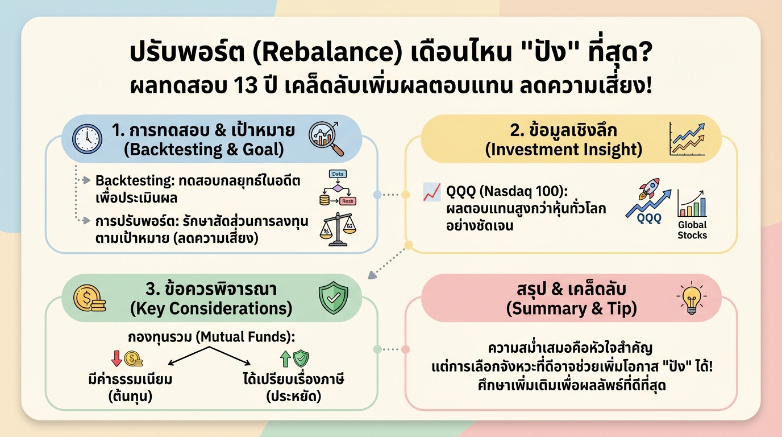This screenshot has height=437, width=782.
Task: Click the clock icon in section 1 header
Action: (87, 138)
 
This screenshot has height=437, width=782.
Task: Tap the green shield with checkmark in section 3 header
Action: (333, 298)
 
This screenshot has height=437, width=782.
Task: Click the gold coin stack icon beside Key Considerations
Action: (89, 298)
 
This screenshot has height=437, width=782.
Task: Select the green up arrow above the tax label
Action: (284, 358)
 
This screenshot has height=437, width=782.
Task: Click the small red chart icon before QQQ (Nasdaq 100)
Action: (432, 192)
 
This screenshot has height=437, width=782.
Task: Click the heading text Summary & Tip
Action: (571, 309)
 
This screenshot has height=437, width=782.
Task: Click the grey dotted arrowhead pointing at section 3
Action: (372, 275)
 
